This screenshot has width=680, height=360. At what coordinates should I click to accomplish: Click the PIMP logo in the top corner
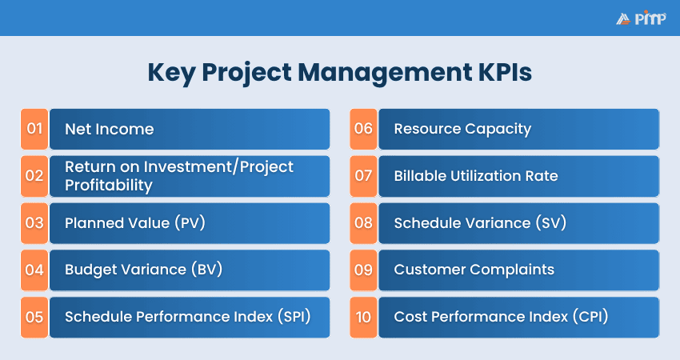click(x=640, y=18)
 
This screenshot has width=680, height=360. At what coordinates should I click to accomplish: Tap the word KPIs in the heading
click(x=498, y=72)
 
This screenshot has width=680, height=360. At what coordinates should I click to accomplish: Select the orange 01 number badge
click(x=34, y=129)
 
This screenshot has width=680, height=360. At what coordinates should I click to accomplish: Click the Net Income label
click(x=109, y=129)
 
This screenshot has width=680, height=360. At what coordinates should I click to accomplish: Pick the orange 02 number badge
click(x=34, y=176)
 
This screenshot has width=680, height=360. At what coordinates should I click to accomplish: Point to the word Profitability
click(x=108, y=185)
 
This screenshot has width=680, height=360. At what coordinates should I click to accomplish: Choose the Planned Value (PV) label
click(x=135, y=223)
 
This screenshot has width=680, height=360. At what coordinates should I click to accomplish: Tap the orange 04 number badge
click(x=34, y=270)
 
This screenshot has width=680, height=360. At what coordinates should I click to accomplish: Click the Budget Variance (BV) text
click(x=143, y=270)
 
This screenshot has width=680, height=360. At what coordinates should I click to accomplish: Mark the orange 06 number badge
click(x=363, y=129)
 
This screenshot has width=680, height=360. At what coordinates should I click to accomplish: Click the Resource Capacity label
click(x=462, y=129)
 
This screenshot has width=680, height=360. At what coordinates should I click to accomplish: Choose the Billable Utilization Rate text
click(x=475, y=176)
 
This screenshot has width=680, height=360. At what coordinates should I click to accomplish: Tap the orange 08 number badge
click(x=363, y=223)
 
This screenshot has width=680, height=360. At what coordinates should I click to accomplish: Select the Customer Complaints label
click(x=474, y=270)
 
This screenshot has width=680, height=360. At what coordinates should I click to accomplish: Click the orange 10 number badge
click(x=363, y=317)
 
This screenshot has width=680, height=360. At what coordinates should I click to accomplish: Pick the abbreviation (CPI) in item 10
click(x=590, y=317)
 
